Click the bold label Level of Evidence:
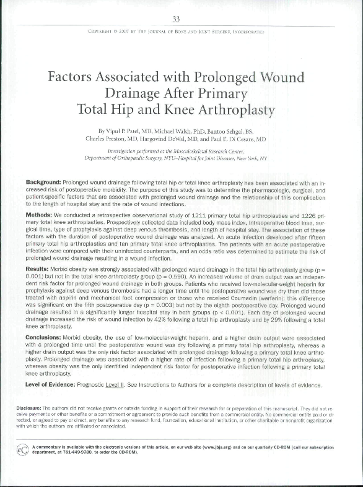[x=58, y=384]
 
